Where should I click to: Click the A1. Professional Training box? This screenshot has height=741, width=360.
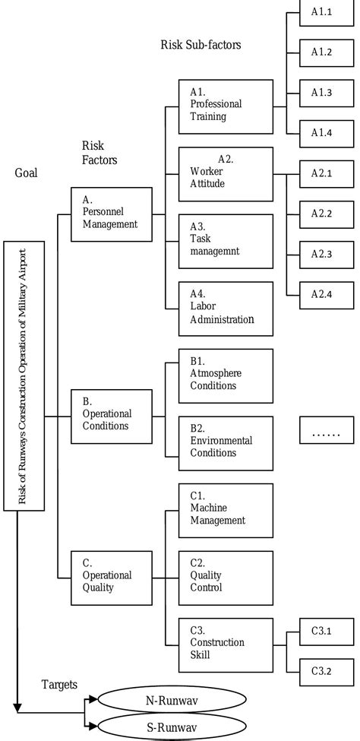click(x=225, y=107)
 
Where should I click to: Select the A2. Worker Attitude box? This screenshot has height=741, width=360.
click(x=225, y=175)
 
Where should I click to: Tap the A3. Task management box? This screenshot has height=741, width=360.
click(x=225, y=241)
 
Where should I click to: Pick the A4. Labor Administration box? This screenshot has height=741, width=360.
click(x=225, y=309)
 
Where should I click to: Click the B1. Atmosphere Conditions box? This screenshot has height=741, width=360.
click(x=225, y=375)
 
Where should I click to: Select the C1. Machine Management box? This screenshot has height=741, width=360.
click(x=225, y=509)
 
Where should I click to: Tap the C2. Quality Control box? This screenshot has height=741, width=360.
click(x=225, y=576)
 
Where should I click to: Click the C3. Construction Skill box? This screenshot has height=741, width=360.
click(x=225, y=643)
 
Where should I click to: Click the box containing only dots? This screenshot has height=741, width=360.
click(x=327, y=433)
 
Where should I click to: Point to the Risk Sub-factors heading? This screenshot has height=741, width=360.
click(x=201, y=45)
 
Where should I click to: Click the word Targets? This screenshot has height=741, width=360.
click(x=58, y=684)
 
